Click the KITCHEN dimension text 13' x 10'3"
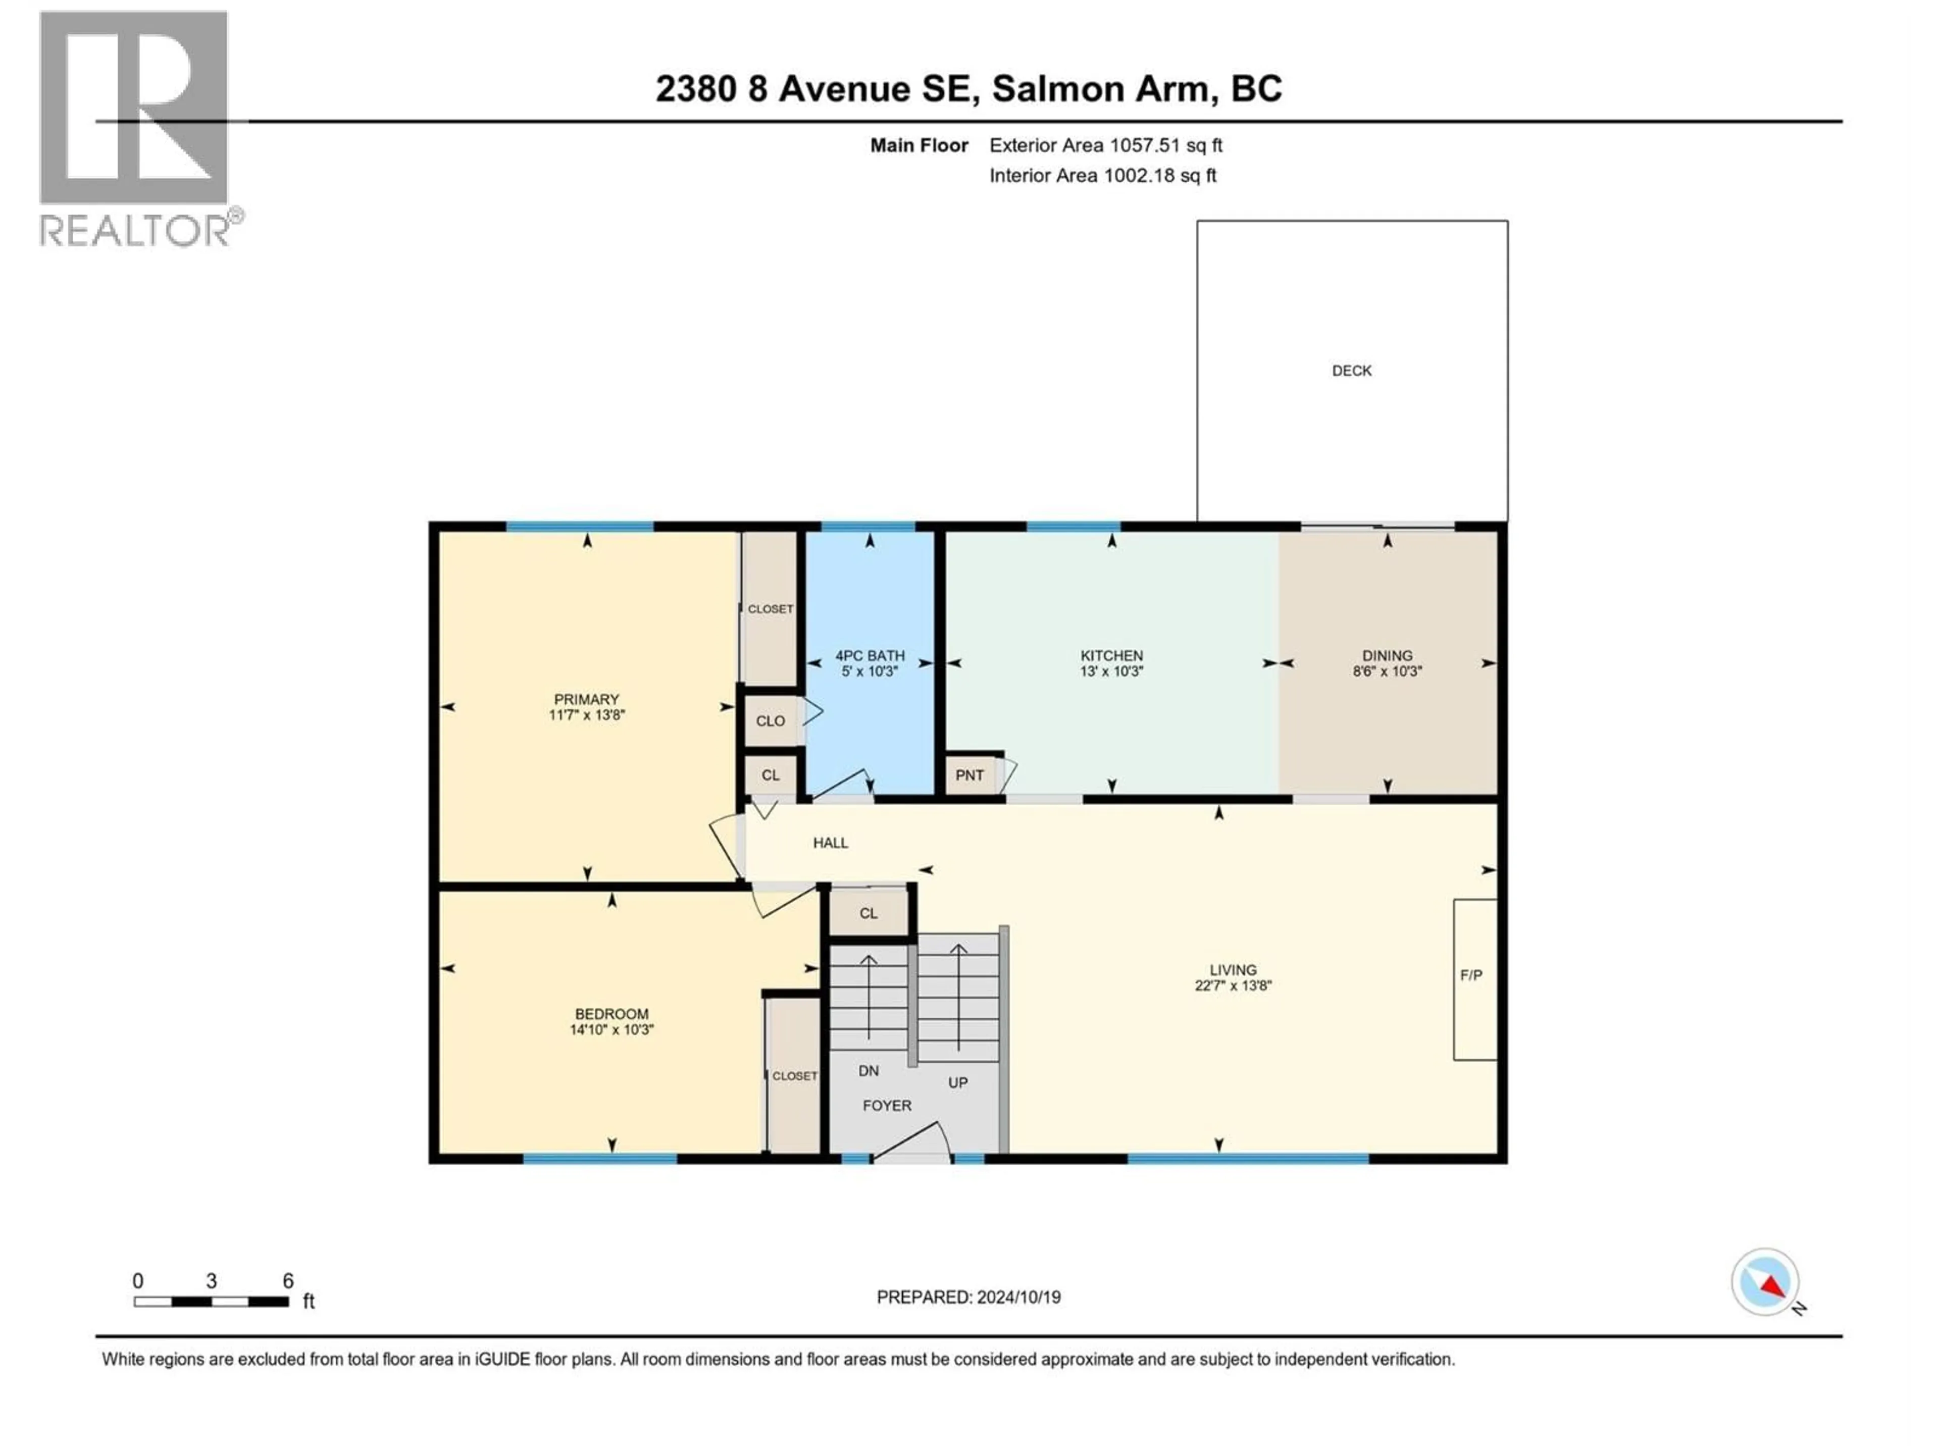point(1111,671)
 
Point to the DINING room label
point(1387,656)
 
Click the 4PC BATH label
point(870,656)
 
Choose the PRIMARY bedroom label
point(586,699)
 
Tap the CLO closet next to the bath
point(771,720)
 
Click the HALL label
point(830,842)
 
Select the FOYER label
point(887,1105)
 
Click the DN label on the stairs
point(868,1070)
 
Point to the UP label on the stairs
point(957,1082)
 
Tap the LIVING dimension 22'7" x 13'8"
point(1233,985)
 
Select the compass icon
point(1765,1282)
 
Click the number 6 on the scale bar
point(287,1280)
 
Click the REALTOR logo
point(136,130)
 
